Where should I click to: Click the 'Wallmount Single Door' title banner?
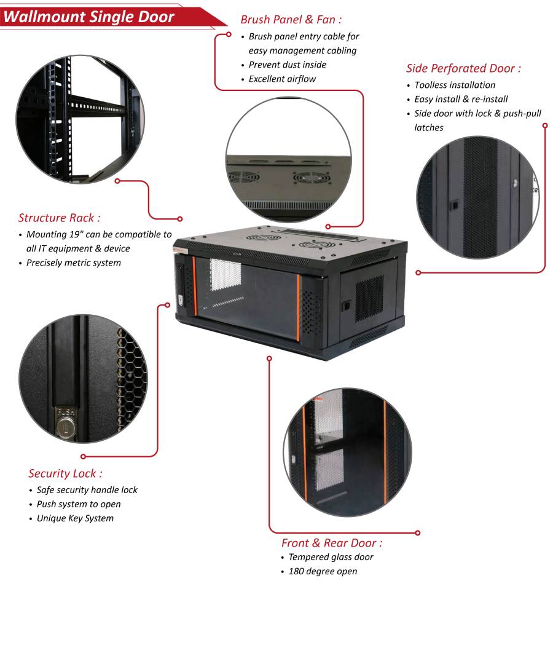(89, 17)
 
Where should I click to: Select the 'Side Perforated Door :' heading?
(463, 68)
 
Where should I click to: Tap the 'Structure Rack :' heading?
(60, 218)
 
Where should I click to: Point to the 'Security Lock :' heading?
(65, 473)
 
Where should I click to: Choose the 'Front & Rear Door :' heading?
(332, 543)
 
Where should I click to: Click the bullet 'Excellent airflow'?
(282, 79)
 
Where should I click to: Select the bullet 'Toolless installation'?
(455, 85)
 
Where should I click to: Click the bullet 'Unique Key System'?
(75, 518)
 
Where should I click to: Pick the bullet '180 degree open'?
(323, 571)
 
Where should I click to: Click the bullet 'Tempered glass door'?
(331, 557)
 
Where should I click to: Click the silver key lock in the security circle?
(65, 427)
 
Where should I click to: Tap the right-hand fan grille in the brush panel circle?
(307, 178)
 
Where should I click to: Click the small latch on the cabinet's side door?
(347, 305)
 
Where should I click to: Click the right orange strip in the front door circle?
(385, 449)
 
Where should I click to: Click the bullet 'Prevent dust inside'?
(288, 65)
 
